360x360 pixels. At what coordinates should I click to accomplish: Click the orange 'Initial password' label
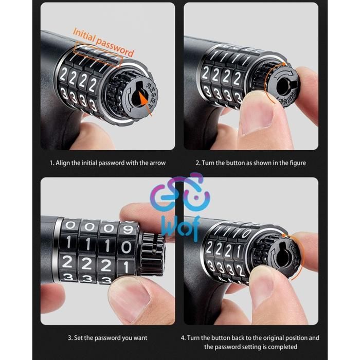[x=103, y=43]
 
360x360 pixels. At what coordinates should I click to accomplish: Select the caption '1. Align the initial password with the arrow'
[x=107, y=163]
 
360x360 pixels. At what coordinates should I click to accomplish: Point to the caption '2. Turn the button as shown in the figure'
[x=251, y=163]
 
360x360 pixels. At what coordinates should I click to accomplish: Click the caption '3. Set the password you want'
[x=107, y=338]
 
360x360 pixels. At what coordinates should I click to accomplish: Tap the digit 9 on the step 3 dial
[x=128, y=229]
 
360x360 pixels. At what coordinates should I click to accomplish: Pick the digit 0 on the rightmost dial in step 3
[x=126, y=247]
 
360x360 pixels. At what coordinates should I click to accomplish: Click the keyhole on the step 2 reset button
[x=284, y=87]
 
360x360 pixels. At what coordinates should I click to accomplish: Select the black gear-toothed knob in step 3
[x=152, y=254]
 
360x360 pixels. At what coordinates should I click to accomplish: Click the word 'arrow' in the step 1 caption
[x=157, y=163]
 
